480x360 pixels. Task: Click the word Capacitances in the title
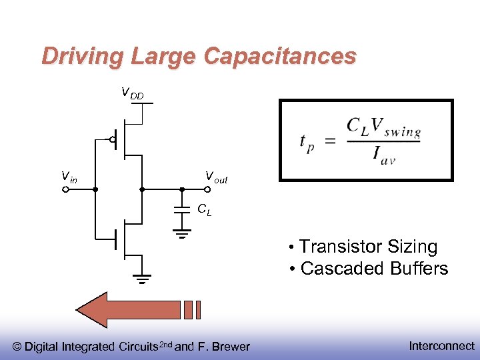click(x=280, y=56)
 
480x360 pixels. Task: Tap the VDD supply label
click(x=131, y=93)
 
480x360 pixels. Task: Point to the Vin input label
click(x=69, y=177)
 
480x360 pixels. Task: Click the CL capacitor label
click(x=205, y=209)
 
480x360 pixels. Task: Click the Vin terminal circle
click(x=66, y=190)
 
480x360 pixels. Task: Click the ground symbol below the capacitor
click(x=181, y=235)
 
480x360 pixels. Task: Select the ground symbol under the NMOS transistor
click(x=141, y=279)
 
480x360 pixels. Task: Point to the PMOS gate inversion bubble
click(x=113, y=140)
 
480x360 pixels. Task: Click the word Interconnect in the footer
click(x=441, y=345)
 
